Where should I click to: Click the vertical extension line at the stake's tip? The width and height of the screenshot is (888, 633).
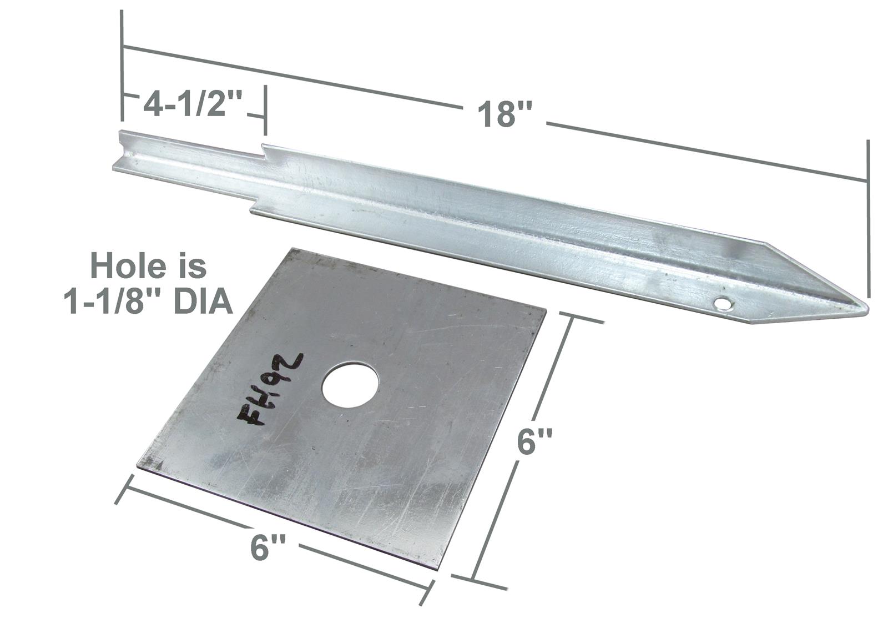(867, 222)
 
